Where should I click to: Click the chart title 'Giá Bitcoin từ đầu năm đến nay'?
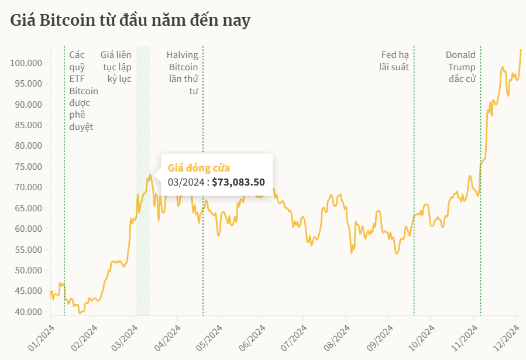(x=130, y=20)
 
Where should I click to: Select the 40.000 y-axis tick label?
(x=27, y=311)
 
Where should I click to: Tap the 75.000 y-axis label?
(x=27, y=166)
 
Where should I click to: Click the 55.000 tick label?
(x=27, y=249)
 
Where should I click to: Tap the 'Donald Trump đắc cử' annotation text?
(x=460, y=67)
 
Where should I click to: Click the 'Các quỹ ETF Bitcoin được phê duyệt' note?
(x=82, y=91)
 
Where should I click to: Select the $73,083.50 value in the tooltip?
(x=238, y=182)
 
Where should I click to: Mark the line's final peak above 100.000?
(x=521, y=50)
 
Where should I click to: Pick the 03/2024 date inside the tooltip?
(x=185, y=182)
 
